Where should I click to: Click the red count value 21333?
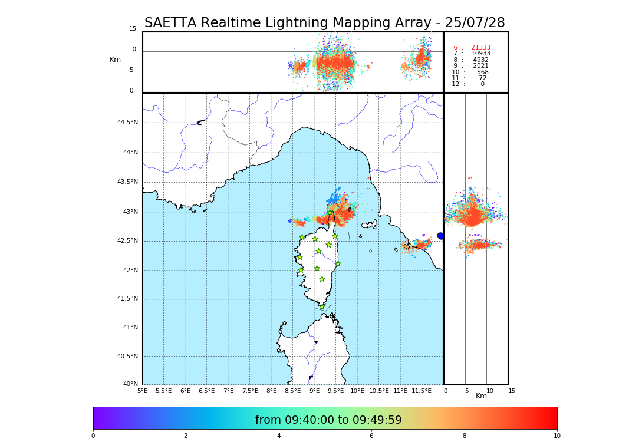point(480,48)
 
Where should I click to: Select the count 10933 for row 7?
point(480,54)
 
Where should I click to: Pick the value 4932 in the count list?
point(481,60)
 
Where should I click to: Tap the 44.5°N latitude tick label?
point(127,123)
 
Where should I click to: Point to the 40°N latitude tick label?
point(130,384)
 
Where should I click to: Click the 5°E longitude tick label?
point(142,391)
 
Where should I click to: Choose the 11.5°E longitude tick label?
point(422,391)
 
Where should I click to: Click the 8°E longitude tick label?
point(271,391)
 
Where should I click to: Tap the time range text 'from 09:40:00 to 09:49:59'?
point(328,420)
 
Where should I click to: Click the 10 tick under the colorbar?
point(557,436)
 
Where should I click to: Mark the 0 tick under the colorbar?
point(93,436)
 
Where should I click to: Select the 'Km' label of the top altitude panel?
point(115,60)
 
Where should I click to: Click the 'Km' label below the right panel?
point(481,396)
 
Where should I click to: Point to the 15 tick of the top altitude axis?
point(133,29)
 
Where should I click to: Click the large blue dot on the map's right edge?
point(440,236)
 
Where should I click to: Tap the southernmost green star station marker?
point(322,306)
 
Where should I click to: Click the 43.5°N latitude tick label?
point(127,182)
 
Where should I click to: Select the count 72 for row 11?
point(483,78)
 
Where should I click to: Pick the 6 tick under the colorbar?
point(371,436)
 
